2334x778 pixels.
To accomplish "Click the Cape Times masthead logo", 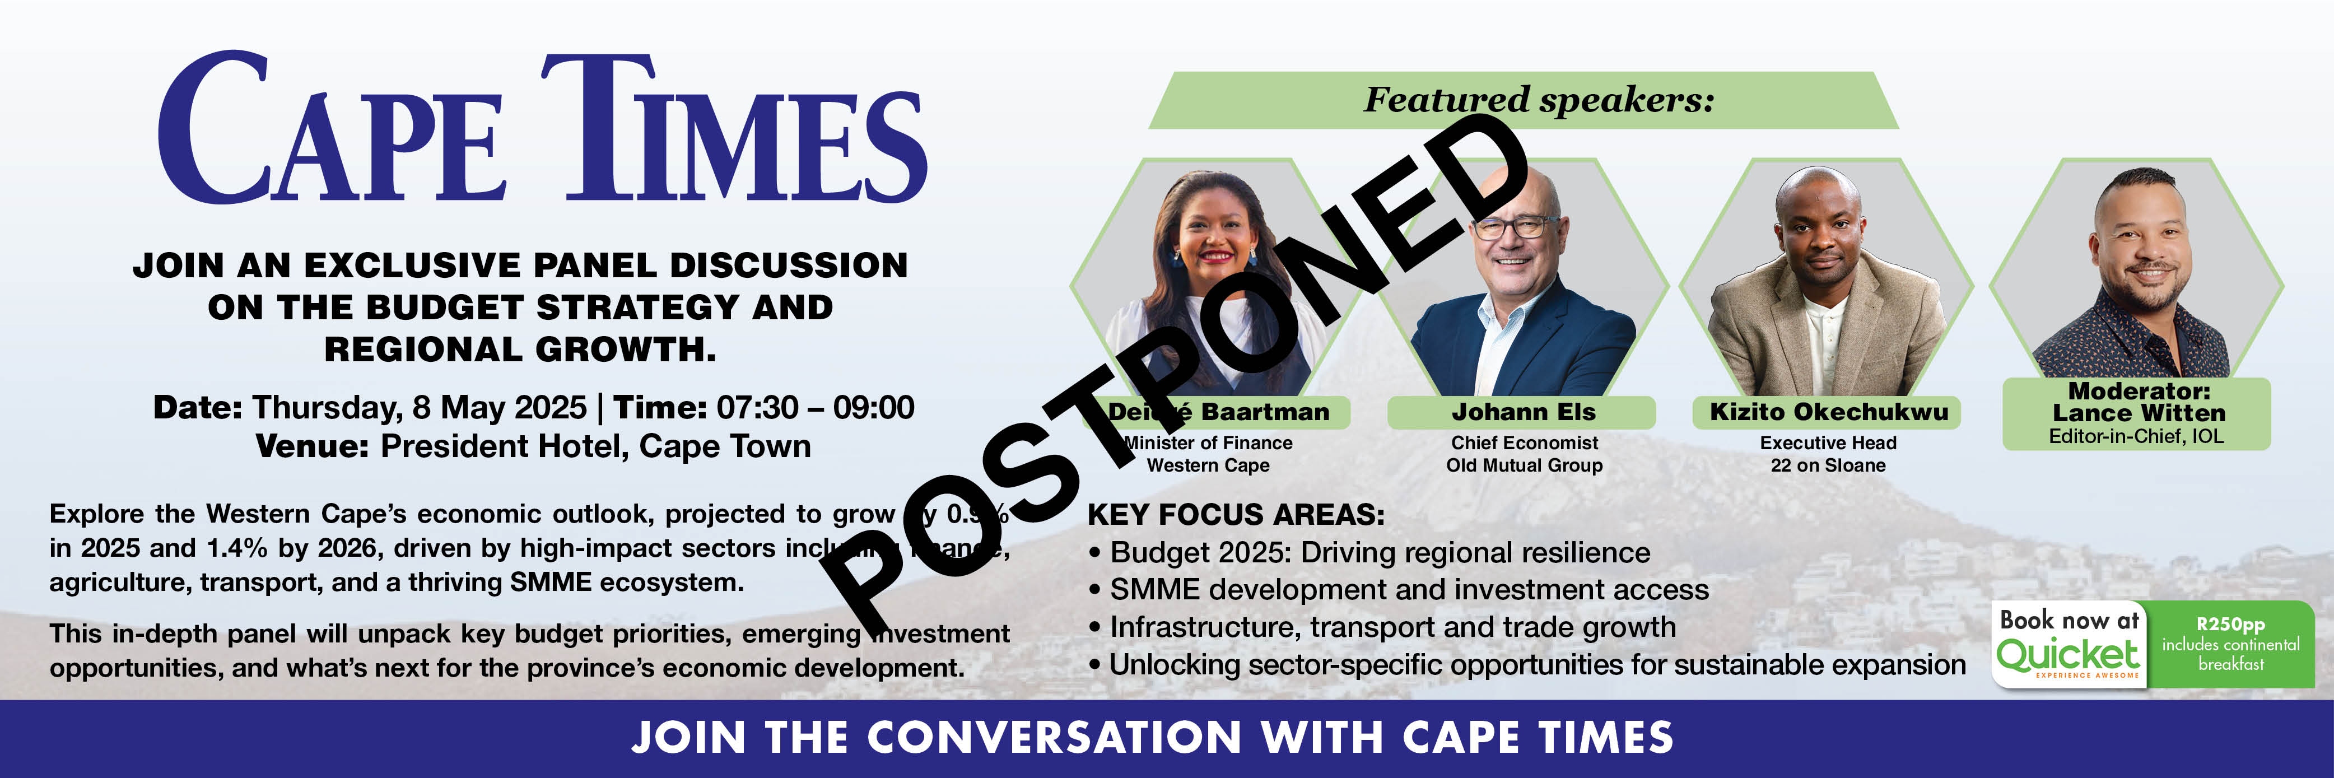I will pyautogui.click(x=542, y=129).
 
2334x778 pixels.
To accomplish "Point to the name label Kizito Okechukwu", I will pyautogui.click(x=1828, y=412).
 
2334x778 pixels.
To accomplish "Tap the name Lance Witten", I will pyautogui.click(x=2139, y=413).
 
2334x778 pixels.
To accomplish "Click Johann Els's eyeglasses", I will pyautogui.click(x=1515, y=226).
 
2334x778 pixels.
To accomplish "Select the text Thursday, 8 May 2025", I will pyautogui.click(x=420, y=408).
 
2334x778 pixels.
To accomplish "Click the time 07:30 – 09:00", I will pyautogui.click(x=816, y=408).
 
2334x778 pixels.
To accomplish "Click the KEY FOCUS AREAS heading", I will pyautogui.click(x=1236, y=514).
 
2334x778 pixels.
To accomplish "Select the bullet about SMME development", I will pyautogui.click(x=1400, y=590).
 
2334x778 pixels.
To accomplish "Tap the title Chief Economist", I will pyautogui.click(x=1524, y=443).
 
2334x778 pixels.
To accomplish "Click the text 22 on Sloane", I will pyautogui.click(x=1828, y=465).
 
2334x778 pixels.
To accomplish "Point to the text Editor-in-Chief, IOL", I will pyautogui.click(x=2136, y=436).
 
